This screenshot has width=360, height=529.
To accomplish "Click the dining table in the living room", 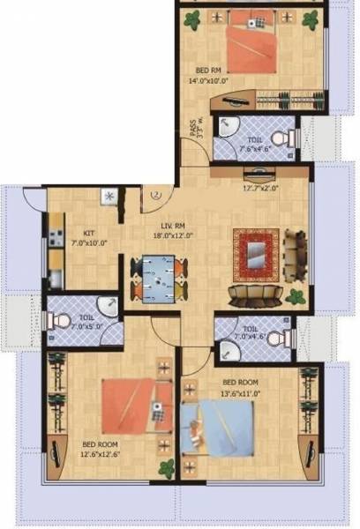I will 159,274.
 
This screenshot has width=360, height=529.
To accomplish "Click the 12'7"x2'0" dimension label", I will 260,187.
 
